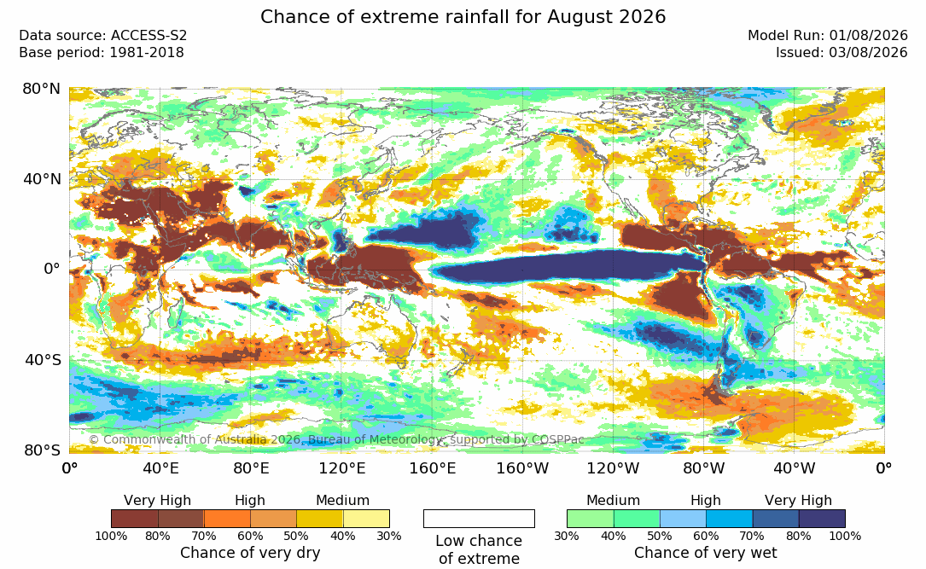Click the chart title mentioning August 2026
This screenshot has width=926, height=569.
[463, 16]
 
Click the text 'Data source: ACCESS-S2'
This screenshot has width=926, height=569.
[102, 36]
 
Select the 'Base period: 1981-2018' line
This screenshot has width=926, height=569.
[102, 53]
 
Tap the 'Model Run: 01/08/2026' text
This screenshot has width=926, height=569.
[827, 36]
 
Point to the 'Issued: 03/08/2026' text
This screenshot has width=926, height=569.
[842, 53]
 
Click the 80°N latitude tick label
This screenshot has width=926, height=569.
[41, 89]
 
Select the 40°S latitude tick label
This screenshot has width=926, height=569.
[43, 359]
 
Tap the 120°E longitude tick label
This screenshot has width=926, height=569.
[342, 468]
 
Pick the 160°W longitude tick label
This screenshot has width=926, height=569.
[522, 468]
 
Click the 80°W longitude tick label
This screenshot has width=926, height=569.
[703, 468]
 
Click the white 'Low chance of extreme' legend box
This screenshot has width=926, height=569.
[479, 519]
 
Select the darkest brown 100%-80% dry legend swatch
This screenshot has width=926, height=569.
[135, 519]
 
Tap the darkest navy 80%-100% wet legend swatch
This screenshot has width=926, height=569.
[822, 519]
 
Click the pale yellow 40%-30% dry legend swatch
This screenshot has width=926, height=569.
[366, 519]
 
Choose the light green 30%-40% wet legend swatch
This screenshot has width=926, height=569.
[590, 519]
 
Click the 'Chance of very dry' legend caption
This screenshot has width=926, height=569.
[250, 553]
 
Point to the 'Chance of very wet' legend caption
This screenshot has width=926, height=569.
[706, 553]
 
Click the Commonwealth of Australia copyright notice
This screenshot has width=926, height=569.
[336, 439]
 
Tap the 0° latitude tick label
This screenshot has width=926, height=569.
[52, 270]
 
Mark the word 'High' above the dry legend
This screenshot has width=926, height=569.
[250, 501]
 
